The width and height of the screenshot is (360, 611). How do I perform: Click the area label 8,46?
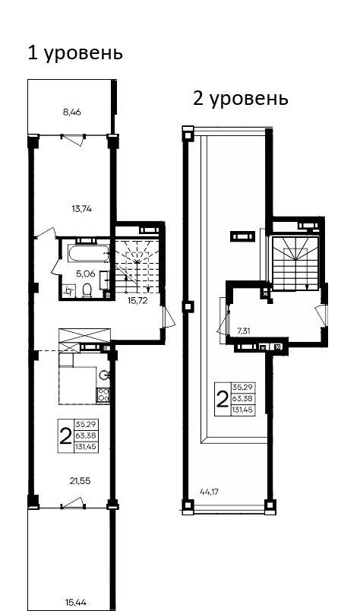(x=71, y=112)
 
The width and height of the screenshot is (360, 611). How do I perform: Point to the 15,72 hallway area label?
(x=136, y=301)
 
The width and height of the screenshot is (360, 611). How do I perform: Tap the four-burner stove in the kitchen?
(x=103, y=394)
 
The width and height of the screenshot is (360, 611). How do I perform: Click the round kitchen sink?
(x=105, y=374)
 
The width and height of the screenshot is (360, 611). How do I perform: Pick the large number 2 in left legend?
(x=65, y=435)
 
